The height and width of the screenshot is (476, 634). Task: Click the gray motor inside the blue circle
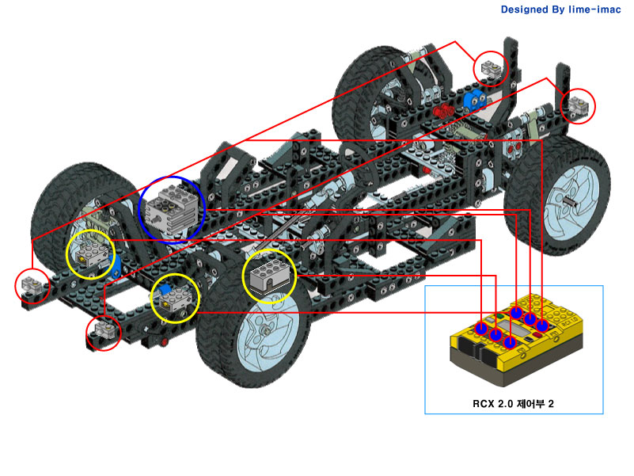click(173, 210)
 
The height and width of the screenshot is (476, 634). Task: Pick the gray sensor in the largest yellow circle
click(269, 276)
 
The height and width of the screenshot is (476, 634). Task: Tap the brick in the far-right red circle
click(579, 105)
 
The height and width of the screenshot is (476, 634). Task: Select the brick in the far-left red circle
click(32, 284)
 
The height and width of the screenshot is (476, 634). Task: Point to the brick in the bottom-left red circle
click(104, 330)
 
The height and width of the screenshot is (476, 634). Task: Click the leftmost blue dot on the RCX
click(481, 328)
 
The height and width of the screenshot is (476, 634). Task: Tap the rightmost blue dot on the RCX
click(542, 325)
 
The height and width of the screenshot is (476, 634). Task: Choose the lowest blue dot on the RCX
click(511, 342)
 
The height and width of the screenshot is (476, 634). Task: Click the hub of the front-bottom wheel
click(265, 331)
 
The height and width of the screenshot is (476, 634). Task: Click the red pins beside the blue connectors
click(443, 109)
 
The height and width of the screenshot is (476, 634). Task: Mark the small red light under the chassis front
click(164, 342)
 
